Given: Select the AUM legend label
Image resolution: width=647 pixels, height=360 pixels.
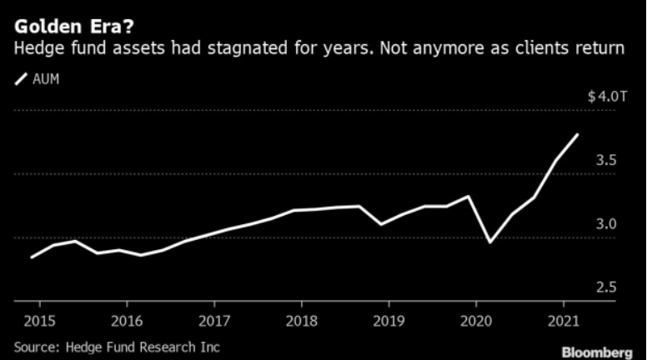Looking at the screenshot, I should [x=45, y=79].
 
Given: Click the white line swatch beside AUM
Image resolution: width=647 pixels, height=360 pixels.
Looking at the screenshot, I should [x=21, y=79].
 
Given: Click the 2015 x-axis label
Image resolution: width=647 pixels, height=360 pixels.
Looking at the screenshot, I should [x=36, y=319].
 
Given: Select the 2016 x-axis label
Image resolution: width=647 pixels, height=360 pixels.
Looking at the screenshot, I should [x=125, y=319].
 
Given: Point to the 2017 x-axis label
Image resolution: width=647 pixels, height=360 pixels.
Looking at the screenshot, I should [x=214, y=319].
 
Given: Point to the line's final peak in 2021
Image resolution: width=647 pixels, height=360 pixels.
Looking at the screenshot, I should [x=578, y=134].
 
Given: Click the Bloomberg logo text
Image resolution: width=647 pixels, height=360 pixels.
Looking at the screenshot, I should [x=597, y=352].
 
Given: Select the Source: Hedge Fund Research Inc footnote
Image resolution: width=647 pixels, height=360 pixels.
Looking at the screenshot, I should [x=117, y=345].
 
